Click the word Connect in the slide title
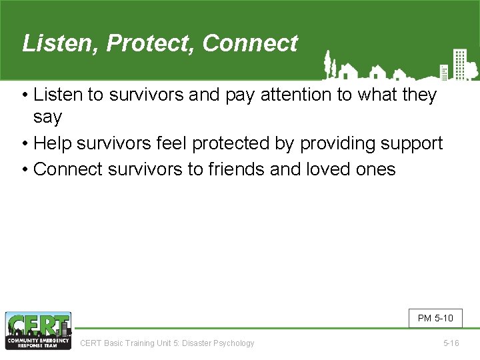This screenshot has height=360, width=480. tap(250, 44)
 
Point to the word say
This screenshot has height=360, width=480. tap(47, 117)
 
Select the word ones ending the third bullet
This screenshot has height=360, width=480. tap(377, 169)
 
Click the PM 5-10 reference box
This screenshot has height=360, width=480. tap(435, 318)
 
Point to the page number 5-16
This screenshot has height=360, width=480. tap(451, 343)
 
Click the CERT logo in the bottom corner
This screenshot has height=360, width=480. tap(38, 331)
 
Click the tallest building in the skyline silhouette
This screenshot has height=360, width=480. tap(459, 63)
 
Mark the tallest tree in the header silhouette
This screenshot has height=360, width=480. tap(327, 63)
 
